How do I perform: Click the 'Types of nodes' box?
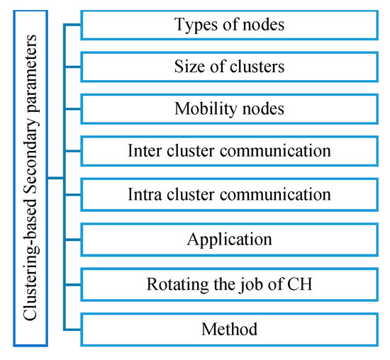point(229,25)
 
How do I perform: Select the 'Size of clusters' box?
point(229,68)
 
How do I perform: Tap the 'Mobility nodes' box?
point(229,111)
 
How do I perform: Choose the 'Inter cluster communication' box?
point(229,152)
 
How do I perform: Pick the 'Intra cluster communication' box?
point(229,193)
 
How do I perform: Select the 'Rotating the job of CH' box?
point(229,285)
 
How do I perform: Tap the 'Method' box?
point(229,329)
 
